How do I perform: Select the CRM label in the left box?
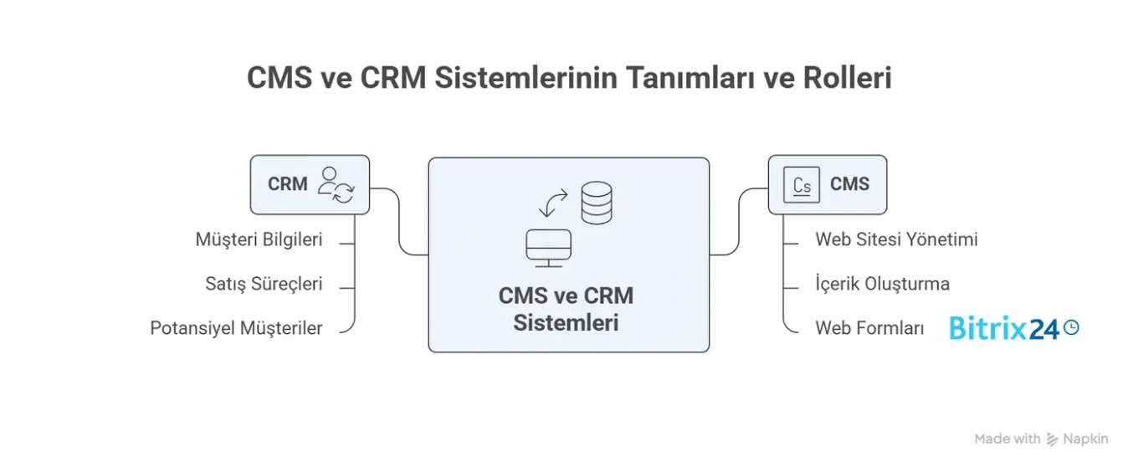point(288,184)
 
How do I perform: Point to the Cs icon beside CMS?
point(801,185)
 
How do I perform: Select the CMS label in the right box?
point(849,184)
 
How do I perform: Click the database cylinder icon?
point(596,203)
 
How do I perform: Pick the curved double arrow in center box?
point(552,203)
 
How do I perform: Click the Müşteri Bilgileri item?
point(259,239)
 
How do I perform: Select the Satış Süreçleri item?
point(264,284)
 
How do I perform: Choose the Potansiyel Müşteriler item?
point(236,328)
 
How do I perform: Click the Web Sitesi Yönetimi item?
point(896,239)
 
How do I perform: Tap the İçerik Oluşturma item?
point(882,284)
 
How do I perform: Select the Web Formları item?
point(869,328)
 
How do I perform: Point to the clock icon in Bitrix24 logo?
point(1070,327)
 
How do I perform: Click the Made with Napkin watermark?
point(1040,439)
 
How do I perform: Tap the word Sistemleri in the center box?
point(566,322)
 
